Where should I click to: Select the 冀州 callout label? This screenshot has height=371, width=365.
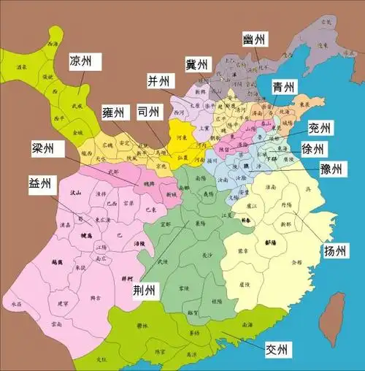(197, 65)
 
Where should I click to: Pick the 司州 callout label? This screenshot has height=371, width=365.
(151, 112)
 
